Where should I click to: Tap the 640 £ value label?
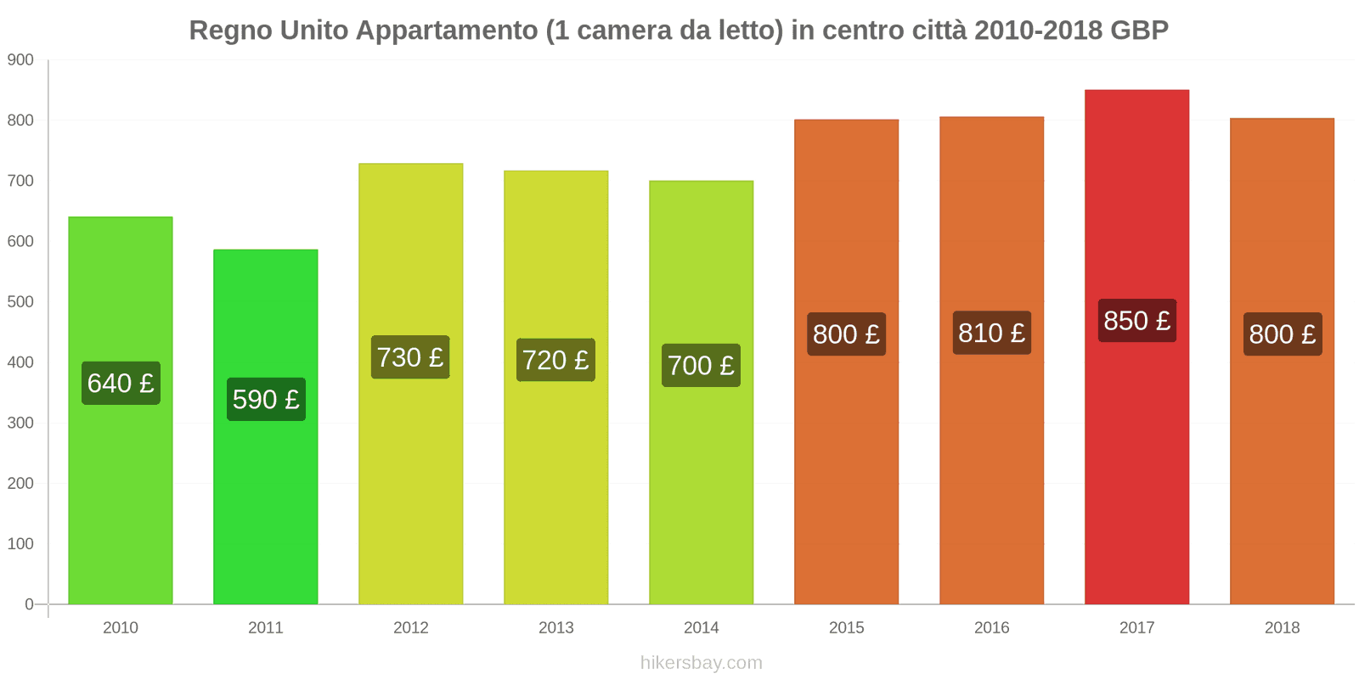tap(121, 383)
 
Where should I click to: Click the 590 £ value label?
tap(266, 399)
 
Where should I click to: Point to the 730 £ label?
tap(410, 357)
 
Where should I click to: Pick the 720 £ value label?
tap(555, 360)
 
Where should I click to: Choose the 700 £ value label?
tap(701, 365)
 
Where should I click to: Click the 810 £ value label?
tap(991, 333)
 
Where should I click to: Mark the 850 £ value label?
tap(1136, 321)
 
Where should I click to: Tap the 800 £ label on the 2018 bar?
tap(1282, 334)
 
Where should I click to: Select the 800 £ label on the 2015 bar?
tap(846, 334)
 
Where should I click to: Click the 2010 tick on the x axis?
tap(120, 627)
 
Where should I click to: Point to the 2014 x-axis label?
tap(701, 627)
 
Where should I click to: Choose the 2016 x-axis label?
tap(991, 627)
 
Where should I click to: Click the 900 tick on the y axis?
tap(20, 59)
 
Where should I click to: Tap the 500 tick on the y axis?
tap(20, 301)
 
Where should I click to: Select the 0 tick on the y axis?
tap(29, 604)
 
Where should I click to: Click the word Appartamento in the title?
tap(447, 31)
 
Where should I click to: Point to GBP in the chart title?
tap(1139, 31)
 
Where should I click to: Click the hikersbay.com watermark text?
tap(701, 663)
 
